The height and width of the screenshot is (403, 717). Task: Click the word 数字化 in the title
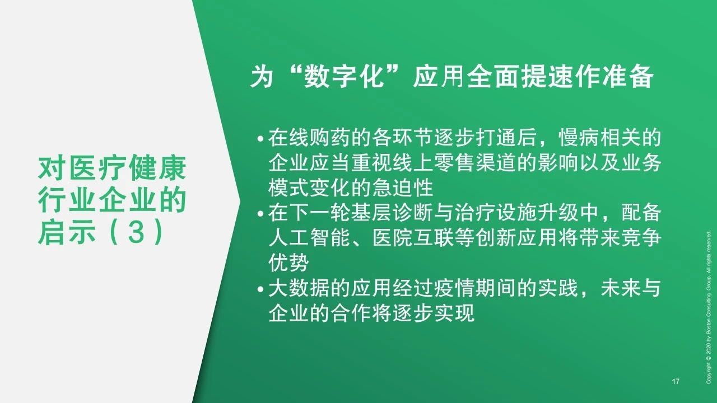click(x=344, y=77)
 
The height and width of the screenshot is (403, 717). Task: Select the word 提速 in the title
click(x=548, y=77)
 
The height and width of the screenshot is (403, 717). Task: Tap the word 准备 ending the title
click(x=628, y=77)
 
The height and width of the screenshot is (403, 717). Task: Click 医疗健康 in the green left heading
click(x=127, y=168)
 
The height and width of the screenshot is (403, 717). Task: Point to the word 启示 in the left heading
click(x=66, y=232)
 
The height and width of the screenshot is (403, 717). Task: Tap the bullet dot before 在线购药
click(x=260, y=139)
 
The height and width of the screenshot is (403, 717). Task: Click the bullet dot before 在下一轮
click(x=260, y=214)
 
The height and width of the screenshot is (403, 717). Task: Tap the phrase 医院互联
click(x=413, y=238)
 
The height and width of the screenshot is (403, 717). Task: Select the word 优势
click(x=288, y=263)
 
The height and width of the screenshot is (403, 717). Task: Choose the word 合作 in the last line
click(x=351, y=313)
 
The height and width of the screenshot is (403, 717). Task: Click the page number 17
click(x=676, y=381)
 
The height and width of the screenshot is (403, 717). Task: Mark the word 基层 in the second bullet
click(x=371, y=213)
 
